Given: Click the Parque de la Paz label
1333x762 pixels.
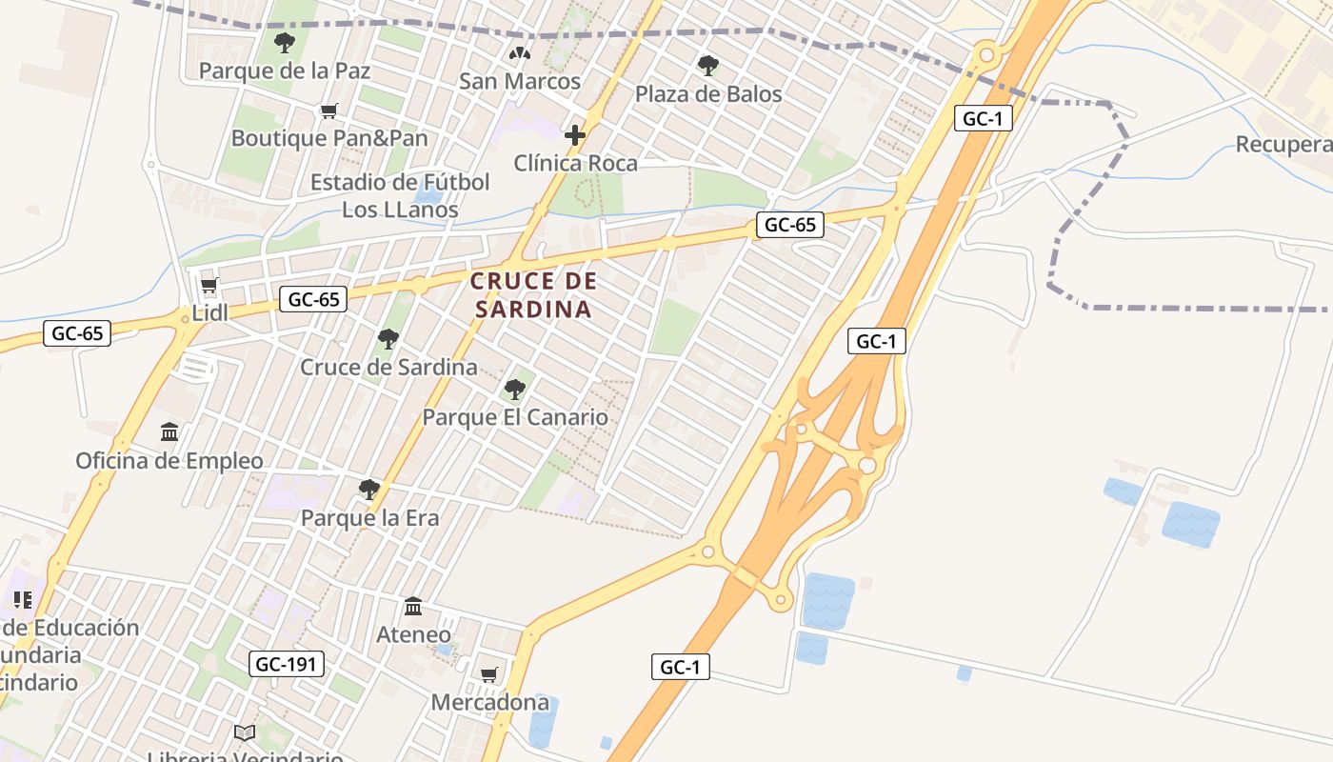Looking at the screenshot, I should pyautogui.click(x=285, y=70).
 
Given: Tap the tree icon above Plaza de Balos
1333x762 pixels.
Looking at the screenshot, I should pyautogui.click(x=707, y=66).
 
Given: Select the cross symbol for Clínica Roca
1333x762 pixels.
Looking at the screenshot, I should pyautogui.click(x=575, y=135).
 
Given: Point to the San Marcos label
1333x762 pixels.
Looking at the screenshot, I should pyautogui.click(x=520, y=82).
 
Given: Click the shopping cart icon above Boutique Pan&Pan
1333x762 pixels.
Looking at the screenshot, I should pyautogui.click(x=328, y=111).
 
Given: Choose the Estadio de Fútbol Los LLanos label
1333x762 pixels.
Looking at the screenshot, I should pyautogui.click(x=400, y=195).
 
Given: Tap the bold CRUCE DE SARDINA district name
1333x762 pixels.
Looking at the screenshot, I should pyautogui.click(x=533, y=295).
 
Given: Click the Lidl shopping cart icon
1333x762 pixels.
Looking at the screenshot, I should pyautogui.click(x=209, y=286).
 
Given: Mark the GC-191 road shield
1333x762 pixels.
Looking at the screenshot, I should pyautogui.click(x=287, y=664).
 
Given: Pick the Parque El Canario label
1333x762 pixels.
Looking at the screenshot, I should pyautogui.click(x=515, y=417).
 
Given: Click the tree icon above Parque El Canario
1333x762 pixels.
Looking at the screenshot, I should pyautogui.click(x=515, y=390).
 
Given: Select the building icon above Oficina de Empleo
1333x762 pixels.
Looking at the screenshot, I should pyautogui.click(x=169, y=432).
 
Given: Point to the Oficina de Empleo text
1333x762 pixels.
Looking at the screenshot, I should pyautogui.click(x=169, y=461).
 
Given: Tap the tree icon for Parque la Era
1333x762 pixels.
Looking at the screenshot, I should pyautogui.click(x=368, y=490).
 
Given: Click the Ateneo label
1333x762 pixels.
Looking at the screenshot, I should pyautogui.click(x=413, y=634).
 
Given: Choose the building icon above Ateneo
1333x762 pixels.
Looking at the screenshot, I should pyautogui.click(x=413, y=607).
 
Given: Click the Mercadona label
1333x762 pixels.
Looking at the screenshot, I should pyautogui.click(x=490, y=703).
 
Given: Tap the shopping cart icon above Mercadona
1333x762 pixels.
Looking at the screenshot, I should pyautogui.click(x=489, y=675).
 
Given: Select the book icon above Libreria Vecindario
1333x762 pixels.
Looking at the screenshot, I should pyautogui.click(x=245, y=732).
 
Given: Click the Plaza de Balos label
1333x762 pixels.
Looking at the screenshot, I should pyautogui.click(x=708, y=94).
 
